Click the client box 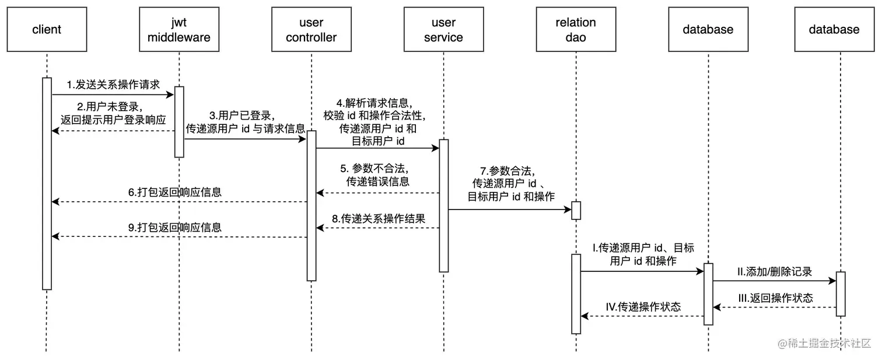click(x=47, y=29)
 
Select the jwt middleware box click(x=179, y=29)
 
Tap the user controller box click(x=311, y=29)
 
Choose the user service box click(x=443, y=29)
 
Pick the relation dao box click(x=576, y=29)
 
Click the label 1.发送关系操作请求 click(x=113, y=85)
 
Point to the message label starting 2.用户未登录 click(x=113, y=113)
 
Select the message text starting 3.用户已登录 click(x=245, y=121)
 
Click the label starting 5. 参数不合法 click(x=377, y=174)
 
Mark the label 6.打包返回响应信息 click(x=175, y=192)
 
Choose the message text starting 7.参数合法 click(x=511, y=183)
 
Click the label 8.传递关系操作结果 click(x=378, y=219)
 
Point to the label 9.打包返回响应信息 click(x=175, y=227)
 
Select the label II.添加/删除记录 click(x=774, y=271)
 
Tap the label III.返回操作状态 click(x=775, y=298)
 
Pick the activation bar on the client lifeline click(x=47, y=183)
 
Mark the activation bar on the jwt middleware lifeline click(x=179, y=122)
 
